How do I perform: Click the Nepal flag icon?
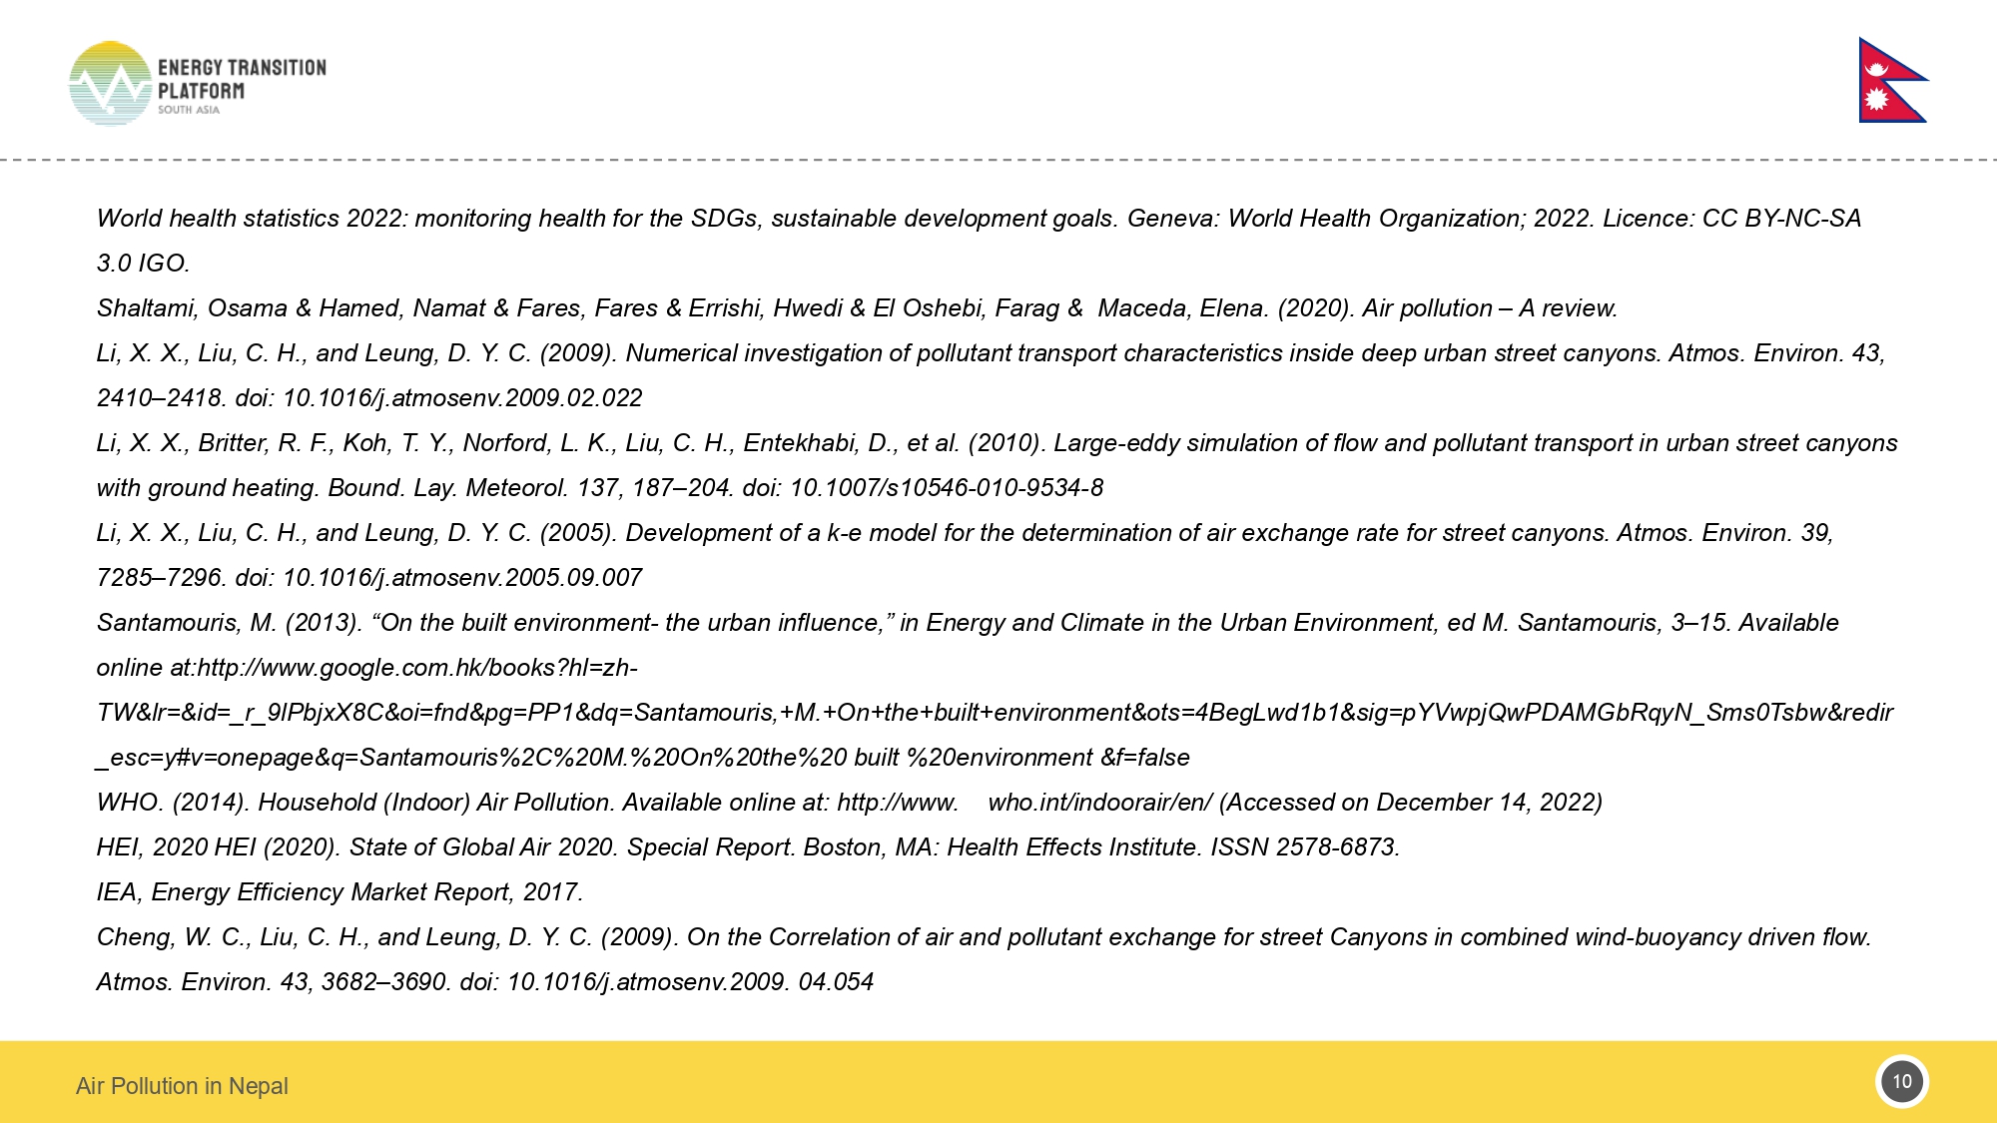pyautogui.click(x=1890, y=81)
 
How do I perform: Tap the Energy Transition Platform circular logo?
pyautogui.click(x=110, y=84)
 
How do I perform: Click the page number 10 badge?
pyautogui.click(x=1901, y=1082)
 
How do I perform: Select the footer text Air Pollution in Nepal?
pyautogui.click(x=182, y=1086)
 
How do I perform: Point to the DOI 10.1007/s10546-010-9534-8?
pyautogui.click(x=946, y=488)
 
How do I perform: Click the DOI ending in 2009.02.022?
pyautogui.click(x=462, y=398)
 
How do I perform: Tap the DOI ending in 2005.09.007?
pyautogui.click(x=462, y=578)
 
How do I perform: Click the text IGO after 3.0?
pyautogui.click(x=162, y=264)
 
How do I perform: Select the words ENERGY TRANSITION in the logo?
pyautogui.click(x=242, y=68)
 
